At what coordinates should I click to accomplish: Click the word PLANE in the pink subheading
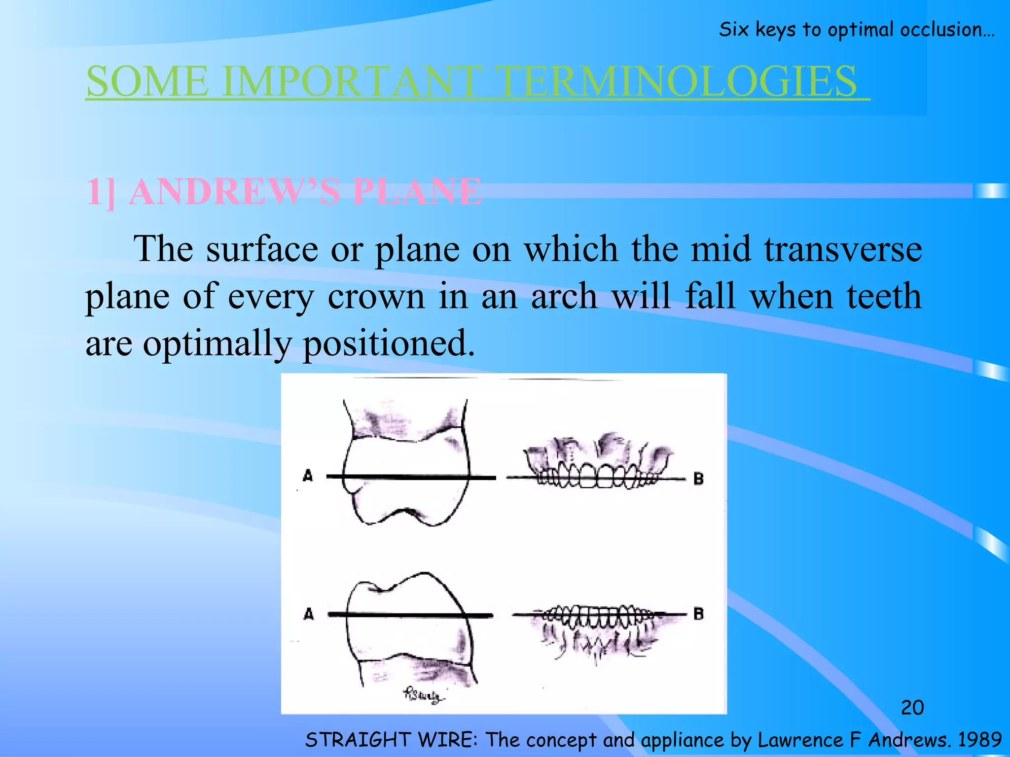tap(417, 192)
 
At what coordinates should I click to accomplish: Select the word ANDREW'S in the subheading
tap(234, 192)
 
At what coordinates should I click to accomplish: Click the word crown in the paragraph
tap(376, 297)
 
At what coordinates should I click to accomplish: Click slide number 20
tap(912, 708)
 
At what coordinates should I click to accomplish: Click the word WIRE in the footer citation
tap(446, 740)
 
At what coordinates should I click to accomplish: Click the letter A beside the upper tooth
tap(308, 476)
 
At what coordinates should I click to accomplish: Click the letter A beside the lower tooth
tap(309, 614)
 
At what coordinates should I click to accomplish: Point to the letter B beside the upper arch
tap(698, 478)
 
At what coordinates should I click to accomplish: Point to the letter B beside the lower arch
tap(698, 614)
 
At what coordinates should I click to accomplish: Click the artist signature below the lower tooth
tap(423, 695)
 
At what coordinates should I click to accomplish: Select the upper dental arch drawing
tap(597, 463)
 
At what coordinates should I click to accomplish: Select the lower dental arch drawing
tap(597, 628)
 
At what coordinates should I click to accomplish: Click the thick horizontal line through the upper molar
tap(410, 477)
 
